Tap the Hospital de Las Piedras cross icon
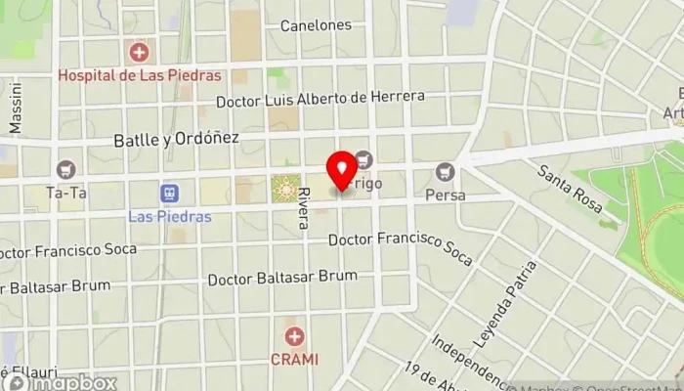139,52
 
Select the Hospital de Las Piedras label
139,74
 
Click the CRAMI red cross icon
294,337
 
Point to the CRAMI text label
294,359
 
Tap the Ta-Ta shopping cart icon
66,170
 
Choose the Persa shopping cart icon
446,172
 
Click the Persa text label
446,195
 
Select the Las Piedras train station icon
169,193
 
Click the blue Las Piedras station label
169,215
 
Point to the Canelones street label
316,25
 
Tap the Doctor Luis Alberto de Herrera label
321,98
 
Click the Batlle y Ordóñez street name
176,138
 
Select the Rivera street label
304,207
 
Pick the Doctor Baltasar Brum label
282,279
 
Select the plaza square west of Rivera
284,188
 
